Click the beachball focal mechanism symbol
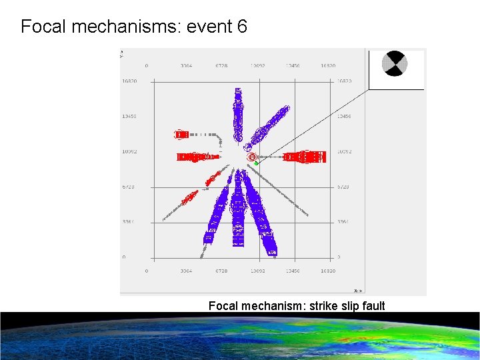pyautogui.click(x=394, y=64)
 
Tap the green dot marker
pyautogui.click(x=256, y=163)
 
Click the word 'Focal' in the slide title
pyautogui.click(x=43, y=27)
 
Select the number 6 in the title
pyautogui.click(x=241, y=27)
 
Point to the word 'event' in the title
pyautogui.click(x=209, y=27)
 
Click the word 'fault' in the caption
pyautogui.click(x=371, y=306)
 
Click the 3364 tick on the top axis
pyautogui.click(x=187, y=66)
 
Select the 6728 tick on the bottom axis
pyautogui.click(x=222, y=271)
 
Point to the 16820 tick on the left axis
pyautogui.click(x=129, y=81)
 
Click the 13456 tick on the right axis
pyautogui.click(x=344, y=117)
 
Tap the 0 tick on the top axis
pyautogui.click(x=147, y=66)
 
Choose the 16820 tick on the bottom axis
pyautogui.click(x=327, y=271)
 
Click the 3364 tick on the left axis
pyautogui.click(x=129, y=222)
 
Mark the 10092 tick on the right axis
pyautogui.click(x=344, y=152)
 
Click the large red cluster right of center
pyautogui.click(x=305, y=157)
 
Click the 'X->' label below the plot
pyautogui.click(x=358, y=291)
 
